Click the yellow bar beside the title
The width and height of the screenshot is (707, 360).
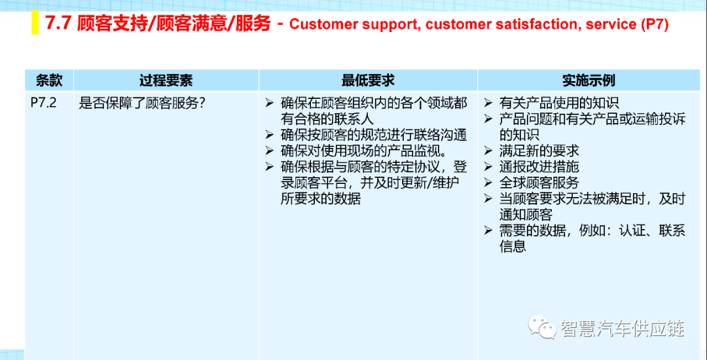pos(35,24)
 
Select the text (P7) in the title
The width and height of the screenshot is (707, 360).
pos(654,24)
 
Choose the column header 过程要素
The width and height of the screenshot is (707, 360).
pos(166,81)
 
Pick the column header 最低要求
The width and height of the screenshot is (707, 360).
pos(368,81)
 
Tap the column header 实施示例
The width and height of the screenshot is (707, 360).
pos(589,81)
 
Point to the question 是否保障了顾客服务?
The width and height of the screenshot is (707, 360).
pos(143,103)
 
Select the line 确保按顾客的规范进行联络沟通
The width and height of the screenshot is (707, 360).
pos(373,135)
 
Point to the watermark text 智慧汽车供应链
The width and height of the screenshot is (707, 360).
pos(623,329)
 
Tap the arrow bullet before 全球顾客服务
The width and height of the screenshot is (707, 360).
pos(488,183)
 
